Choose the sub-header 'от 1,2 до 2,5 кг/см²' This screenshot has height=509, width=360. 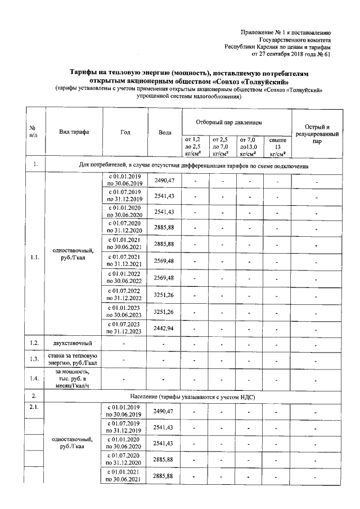(x=193, y=146)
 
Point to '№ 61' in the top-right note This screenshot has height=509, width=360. (x=323, y=55)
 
